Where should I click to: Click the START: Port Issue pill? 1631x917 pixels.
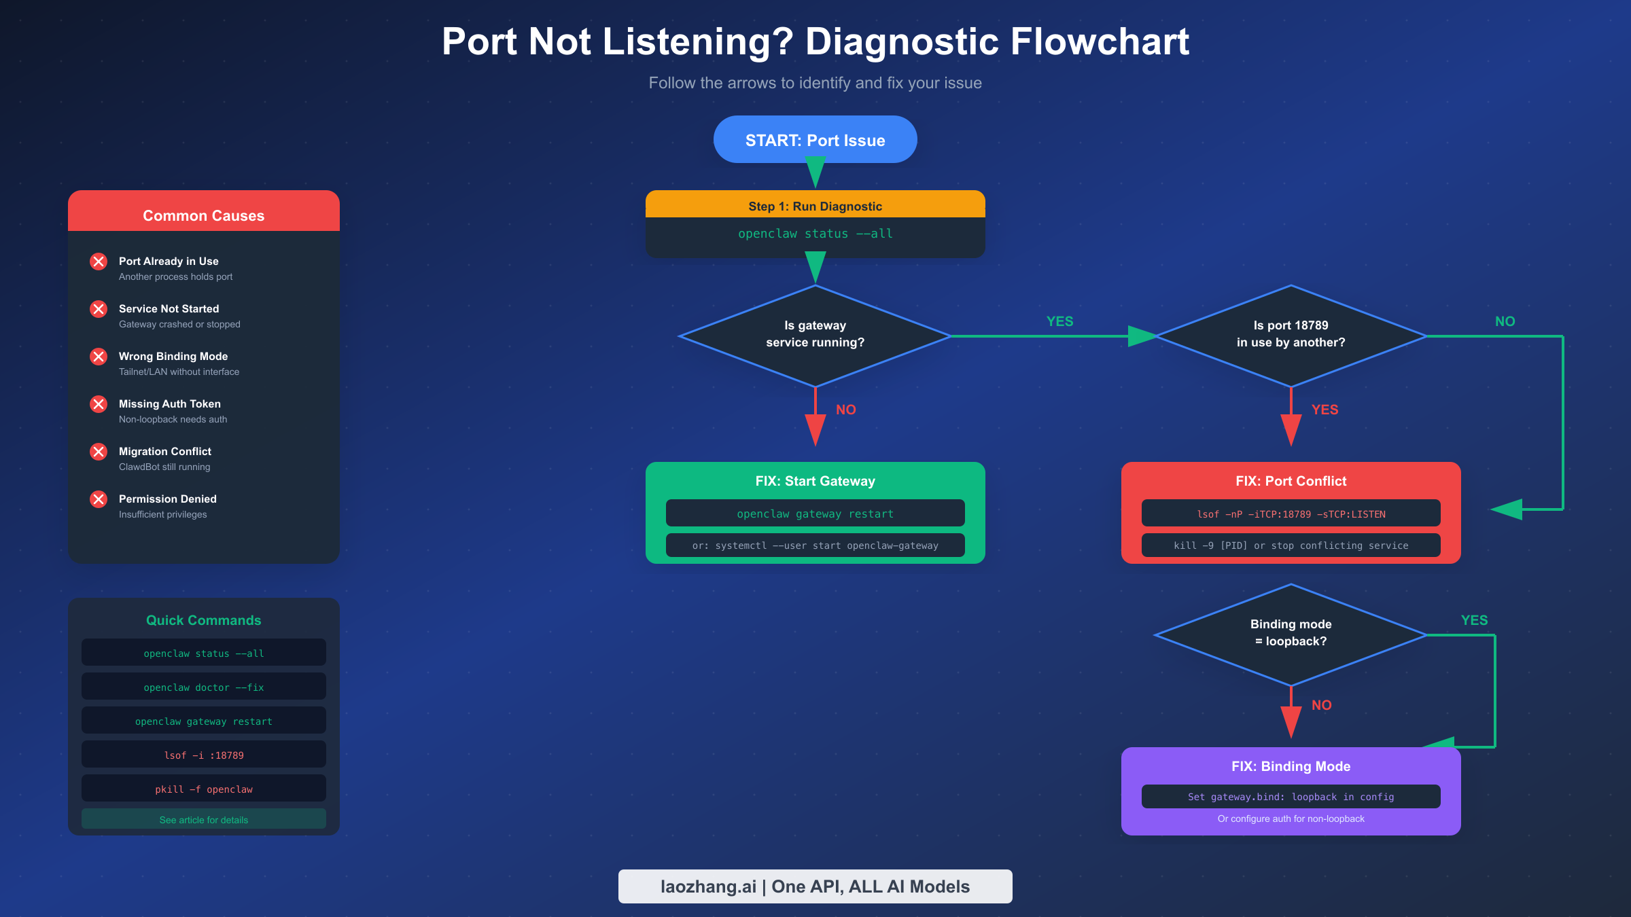tap(815, 140)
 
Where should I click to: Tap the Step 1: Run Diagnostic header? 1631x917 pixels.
tap(815, 205)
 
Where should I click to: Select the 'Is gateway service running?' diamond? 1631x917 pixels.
tap(815, 335)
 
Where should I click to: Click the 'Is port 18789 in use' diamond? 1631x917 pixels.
tap(1291, 335)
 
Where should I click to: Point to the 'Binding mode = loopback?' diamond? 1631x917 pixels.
tap(1291, 634)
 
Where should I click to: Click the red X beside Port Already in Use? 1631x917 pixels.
tap(99, 262)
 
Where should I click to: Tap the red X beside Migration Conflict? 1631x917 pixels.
tap(99, 452)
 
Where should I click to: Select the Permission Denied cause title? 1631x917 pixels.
tap(168, 499)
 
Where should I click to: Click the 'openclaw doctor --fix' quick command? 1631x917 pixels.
tap(203, 687)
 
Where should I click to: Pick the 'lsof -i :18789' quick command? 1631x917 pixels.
tap(203, 755)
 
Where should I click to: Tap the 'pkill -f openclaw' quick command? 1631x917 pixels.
tap(203, 789)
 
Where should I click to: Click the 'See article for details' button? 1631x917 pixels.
tap(203, 819)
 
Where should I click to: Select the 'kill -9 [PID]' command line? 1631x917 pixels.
tap(1291, 545)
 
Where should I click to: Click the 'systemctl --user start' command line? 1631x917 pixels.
tap(815, 545)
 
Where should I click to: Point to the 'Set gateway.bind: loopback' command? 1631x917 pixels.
tap(1291, 797)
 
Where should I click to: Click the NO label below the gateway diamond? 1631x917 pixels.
tap(845, 410)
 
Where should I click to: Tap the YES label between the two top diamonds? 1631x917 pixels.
tap(1059, 321)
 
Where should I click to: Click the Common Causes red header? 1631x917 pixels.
tap(203, 215)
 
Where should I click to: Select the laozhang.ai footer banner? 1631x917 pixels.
tap(815, 886)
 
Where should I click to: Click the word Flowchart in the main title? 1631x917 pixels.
tap(1099, 42)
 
